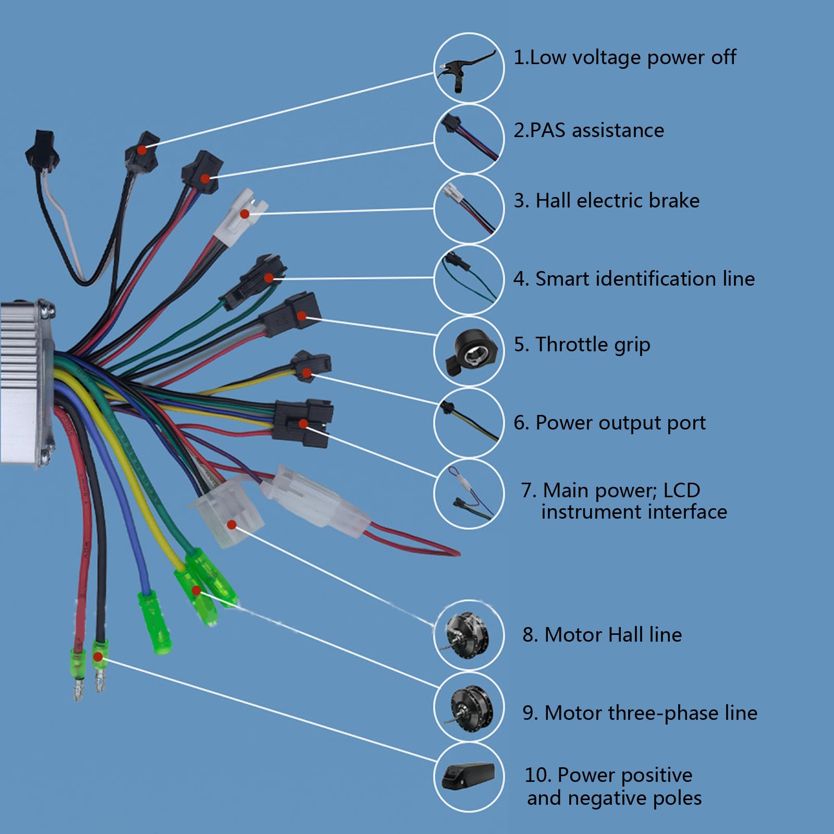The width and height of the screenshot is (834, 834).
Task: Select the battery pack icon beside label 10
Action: pyautogui.click(x=468, y=777)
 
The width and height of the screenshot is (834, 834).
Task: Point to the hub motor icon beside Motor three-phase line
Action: pyautogui.click(x=468, y=707)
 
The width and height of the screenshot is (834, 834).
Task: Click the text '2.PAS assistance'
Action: pyautogui.click(x=588, y=130)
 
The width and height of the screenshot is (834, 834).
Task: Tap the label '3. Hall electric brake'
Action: pyautogui.click(x=607, y=201)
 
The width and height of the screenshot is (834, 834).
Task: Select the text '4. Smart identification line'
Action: pyautogui.click(x=634, y=279)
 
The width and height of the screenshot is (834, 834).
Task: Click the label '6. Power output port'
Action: pyautogui.click(x=609, y=423)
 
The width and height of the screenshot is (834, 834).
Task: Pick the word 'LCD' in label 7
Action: pyautogui.click(x=681, y=490)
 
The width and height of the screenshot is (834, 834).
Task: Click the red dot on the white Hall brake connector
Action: pyautogui.click(x=244, y=214)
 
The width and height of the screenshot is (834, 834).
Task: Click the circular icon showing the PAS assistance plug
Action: pyautogui.click(x=469, y=139)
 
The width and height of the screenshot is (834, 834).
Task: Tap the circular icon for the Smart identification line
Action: pyautogui.click(x=469, y=279)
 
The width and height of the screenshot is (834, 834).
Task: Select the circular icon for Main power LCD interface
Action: pyautogui.click(x=469, y=493)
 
